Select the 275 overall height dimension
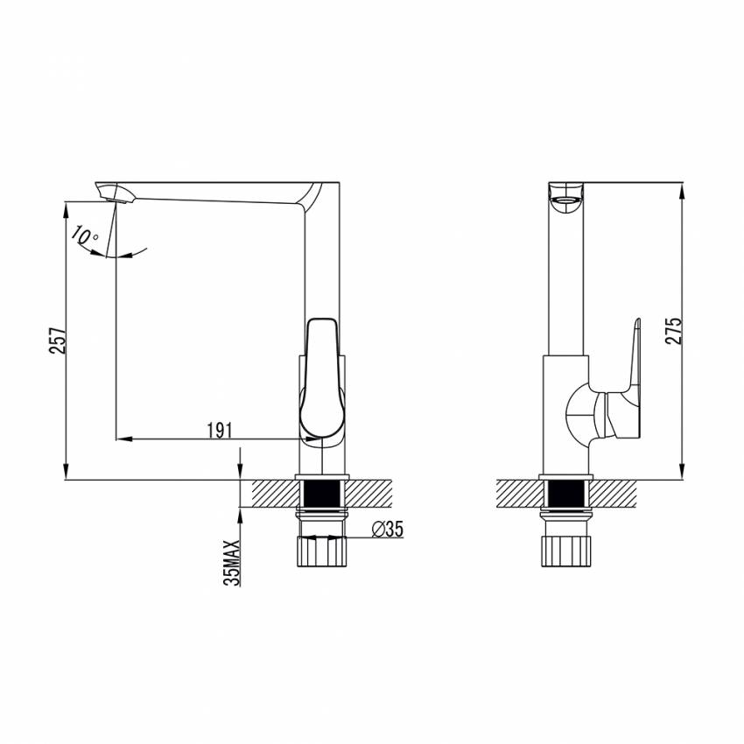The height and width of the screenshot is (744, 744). [x=674, y=330]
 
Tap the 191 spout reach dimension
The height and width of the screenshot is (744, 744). [x=220, y=431]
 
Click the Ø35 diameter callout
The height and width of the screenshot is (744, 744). [x=388, y=529]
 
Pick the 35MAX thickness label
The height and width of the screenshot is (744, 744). [x=232, y=563]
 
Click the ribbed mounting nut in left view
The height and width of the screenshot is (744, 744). [x=322, y=551]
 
